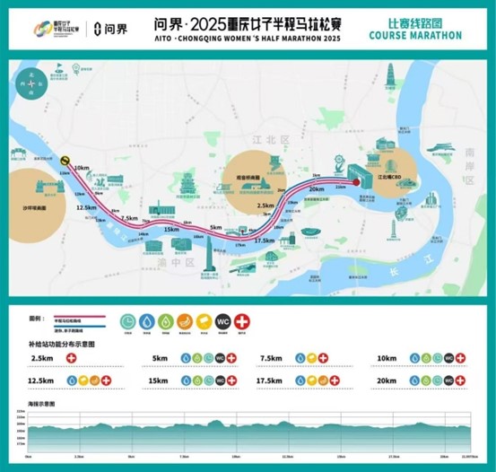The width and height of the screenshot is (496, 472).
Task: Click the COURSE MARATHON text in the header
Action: click(415, 35)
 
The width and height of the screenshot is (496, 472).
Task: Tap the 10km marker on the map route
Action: click(83, 167)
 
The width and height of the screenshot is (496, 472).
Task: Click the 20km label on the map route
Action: click(316, 189)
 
